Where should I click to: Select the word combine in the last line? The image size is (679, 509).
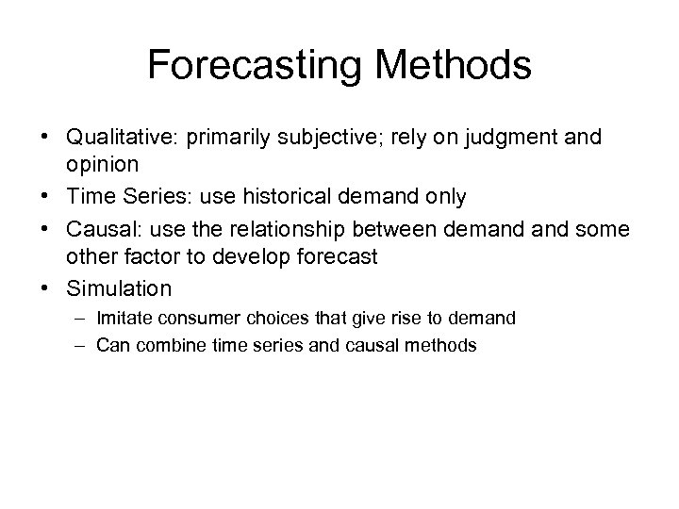[x=162, y=346]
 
